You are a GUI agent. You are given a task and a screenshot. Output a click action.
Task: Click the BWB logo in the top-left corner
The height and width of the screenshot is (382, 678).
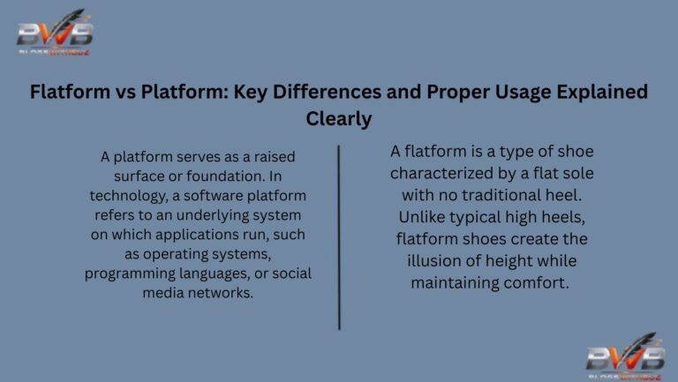pos(55,33)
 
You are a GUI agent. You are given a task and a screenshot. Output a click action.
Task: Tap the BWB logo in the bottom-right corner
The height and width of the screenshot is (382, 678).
pos(625,356)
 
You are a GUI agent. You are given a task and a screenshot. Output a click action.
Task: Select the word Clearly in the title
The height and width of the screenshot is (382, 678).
pos(339,117)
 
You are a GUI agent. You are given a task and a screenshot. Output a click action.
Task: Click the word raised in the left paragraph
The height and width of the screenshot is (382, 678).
pos(272,157)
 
